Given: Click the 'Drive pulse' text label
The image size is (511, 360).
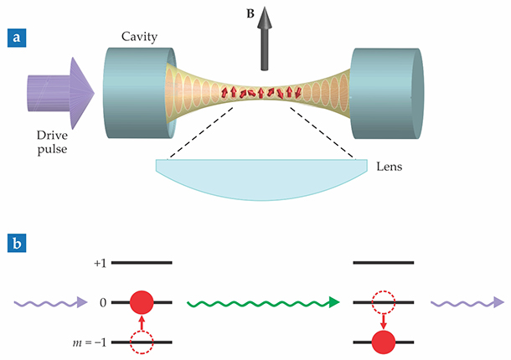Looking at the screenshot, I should (x=59, y=144).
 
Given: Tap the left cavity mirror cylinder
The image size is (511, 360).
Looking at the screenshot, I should (x=134, y=88).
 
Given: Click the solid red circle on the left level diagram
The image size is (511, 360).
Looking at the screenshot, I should (x=143, y=301).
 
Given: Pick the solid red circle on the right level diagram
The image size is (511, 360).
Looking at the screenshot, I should (x=385, y=342).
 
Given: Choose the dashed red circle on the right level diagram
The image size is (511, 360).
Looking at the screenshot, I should (x=385, y=301).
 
